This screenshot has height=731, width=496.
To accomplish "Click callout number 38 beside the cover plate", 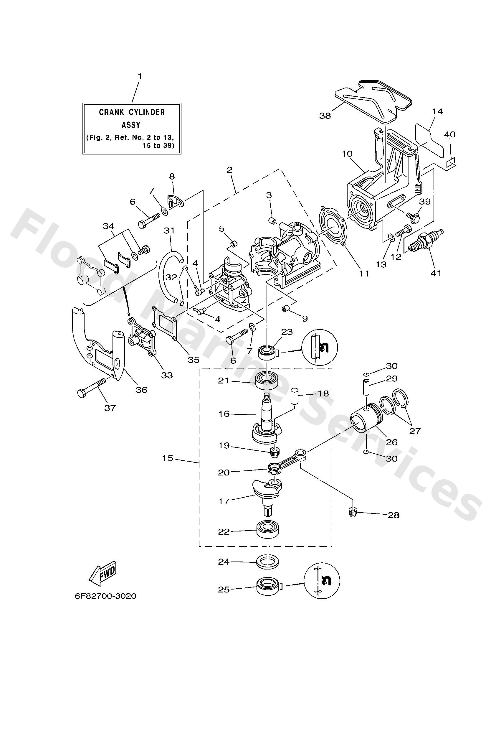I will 325,116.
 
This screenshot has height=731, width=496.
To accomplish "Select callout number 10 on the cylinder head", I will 347,154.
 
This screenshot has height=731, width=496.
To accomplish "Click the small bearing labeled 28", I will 353,512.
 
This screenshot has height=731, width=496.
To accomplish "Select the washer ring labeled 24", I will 267,562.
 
